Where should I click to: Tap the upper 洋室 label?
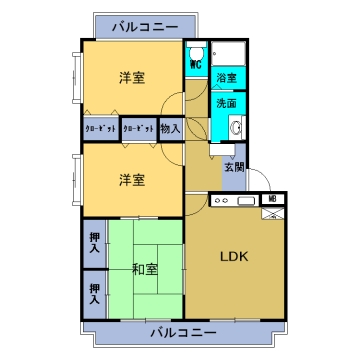coord(131,77)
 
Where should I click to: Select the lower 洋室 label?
coord(131,179)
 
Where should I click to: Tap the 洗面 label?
coord(225,103)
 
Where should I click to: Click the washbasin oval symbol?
coord(236,127)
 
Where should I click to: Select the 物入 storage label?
coord(170,128)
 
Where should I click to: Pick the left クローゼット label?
coord(100,129)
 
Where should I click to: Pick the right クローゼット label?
coord(138,129)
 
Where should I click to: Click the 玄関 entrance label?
coord(234,167)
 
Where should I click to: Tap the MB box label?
coord(272,201)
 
